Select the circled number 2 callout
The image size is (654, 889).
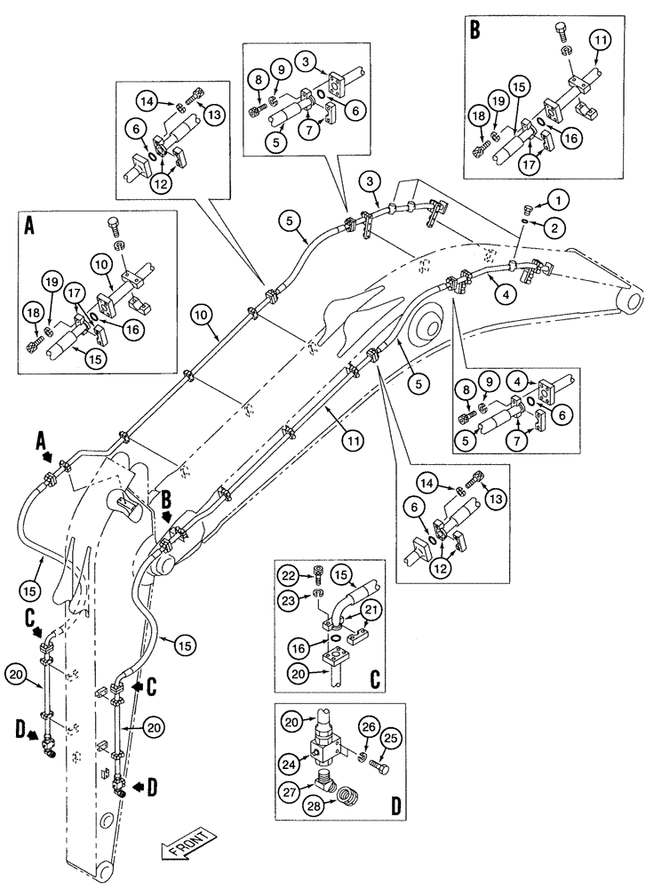(555, 228)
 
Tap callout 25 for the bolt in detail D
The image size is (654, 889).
(390, 740)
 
